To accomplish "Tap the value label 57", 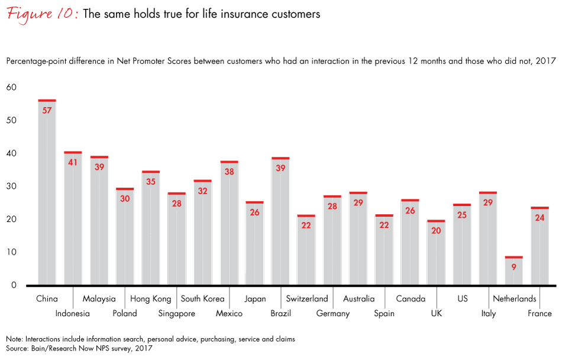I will (x=47, y=110).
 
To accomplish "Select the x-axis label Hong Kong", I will (x=150, y=299).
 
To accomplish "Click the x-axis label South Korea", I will (x=202, y=299).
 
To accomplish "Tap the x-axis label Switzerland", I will (x=306, y=299).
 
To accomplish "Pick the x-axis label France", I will (x=540, y=314).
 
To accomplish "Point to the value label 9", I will (x=513, y=266).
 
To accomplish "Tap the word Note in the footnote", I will (x=14, y=339).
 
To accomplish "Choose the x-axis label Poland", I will (x=124, y=314).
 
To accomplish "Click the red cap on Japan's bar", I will (x=254, y=202).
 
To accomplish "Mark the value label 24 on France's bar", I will (x=540, y=217).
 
